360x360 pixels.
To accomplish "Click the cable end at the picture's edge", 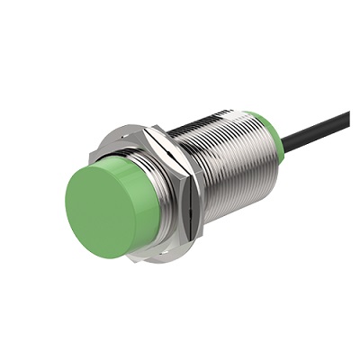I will click(347, 114).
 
